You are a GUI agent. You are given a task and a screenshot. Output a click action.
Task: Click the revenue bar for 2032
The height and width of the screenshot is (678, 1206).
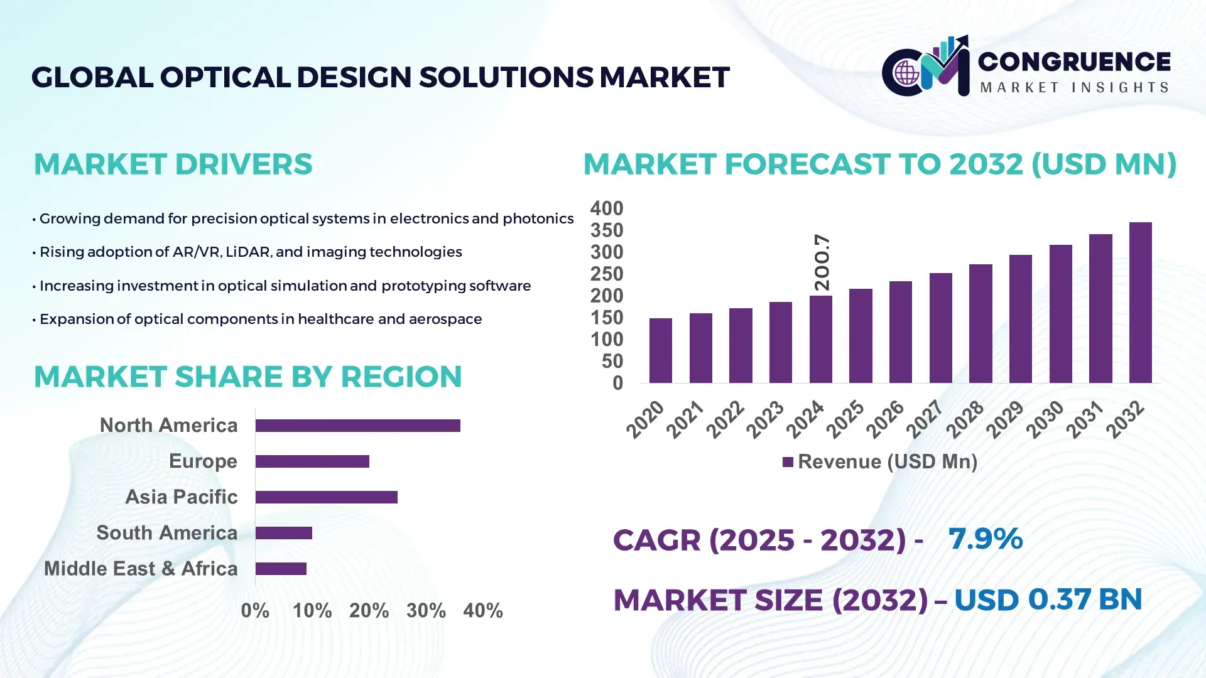[1140, 303]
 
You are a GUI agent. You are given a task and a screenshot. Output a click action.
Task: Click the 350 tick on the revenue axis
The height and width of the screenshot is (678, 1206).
[606, 230]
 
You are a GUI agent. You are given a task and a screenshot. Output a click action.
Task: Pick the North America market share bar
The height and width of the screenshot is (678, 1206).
[357, 426]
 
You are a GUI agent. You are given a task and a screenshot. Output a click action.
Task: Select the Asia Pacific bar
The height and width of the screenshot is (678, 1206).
[326, 497]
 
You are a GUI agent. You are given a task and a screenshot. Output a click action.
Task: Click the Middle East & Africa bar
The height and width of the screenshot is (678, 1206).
[281, 569]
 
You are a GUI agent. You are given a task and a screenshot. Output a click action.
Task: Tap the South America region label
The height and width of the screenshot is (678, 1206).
[166, 533]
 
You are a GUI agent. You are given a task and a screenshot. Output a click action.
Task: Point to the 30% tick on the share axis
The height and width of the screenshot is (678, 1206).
[426, 610]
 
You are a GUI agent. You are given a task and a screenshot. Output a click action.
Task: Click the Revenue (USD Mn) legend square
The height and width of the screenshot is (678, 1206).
[788, 462]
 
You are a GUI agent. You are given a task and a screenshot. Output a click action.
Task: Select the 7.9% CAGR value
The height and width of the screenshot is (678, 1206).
[985, 539]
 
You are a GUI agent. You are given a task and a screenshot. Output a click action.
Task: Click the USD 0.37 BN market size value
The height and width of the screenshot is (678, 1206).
[1047, 599]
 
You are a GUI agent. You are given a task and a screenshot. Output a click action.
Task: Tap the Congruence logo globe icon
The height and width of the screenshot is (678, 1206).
[906, 73]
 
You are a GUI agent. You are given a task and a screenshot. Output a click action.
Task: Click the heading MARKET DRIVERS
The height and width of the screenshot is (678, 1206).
[173, 164]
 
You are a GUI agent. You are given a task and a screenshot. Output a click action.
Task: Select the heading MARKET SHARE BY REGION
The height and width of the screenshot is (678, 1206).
[247, 377]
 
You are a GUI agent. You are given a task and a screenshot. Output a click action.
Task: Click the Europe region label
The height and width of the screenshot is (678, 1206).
[203, 461]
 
